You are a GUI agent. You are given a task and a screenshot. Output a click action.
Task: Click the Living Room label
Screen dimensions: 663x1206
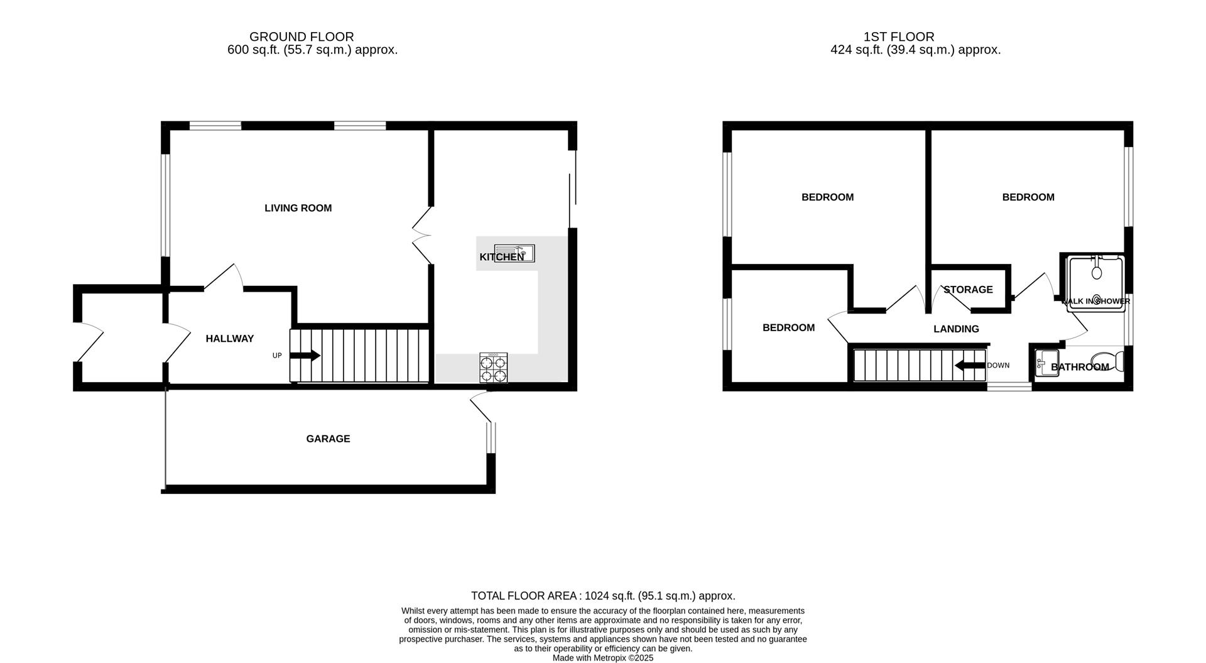(x=298, y=208)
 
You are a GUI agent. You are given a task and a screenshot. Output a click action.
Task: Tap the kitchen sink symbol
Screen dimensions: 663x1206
(x=514, y=253)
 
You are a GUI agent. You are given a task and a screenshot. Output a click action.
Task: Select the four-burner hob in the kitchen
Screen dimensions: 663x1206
(x=494, y=368)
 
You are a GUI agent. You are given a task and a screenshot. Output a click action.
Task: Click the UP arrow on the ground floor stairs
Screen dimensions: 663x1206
(x=305, y=356)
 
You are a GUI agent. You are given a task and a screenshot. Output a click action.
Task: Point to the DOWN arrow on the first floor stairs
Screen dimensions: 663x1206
(x=969, y=366)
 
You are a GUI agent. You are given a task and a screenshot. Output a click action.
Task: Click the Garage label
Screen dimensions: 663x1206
(x=328, y=439)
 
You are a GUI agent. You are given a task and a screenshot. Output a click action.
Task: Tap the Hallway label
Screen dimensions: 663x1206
(x=230, y=339)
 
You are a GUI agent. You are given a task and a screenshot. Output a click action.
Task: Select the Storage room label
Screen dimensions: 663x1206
(x=968, y=290)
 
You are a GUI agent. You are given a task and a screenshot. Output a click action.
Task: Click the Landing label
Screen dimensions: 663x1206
(x=956, y=329)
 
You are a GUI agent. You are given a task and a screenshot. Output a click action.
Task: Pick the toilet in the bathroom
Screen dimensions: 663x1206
(x=1109, y=363)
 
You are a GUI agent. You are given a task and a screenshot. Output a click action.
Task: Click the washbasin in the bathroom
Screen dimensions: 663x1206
(x=1046, y=363)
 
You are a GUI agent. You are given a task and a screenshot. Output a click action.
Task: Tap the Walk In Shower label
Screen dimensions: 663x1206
(x=1096, y=301)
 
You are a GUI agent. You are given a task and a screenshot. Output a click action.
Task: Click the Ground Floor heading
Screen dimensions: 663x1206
(x=301, y=37)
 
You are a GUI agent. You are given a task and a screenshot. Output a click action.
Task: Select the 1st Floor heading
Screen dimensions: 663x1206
(x=899, y=37)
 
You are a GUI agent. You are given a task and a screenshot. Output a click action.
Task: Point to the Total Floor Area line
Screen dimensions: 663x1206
(x=603, y=596)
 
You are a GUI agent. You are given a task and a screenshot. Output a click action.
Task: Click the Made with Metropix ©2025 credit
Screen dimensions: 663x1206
(x=603, y=658)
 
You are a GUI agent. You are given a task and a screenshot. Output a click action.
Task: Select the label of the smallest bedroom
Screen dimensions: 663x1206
(x=788, y=327)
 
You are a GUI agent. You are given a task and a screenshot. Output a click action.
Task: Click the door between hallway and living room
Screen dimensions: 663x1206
(x=224, y=278)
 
